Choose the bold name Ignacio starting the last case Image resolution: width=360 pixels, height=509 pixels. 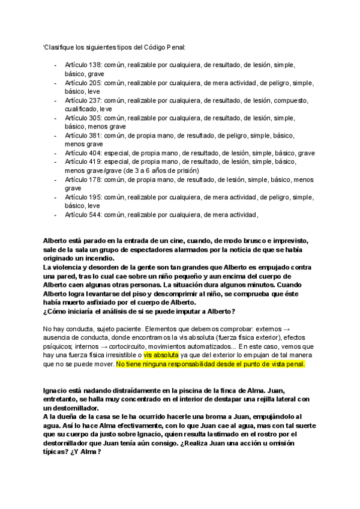(56, 391)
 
